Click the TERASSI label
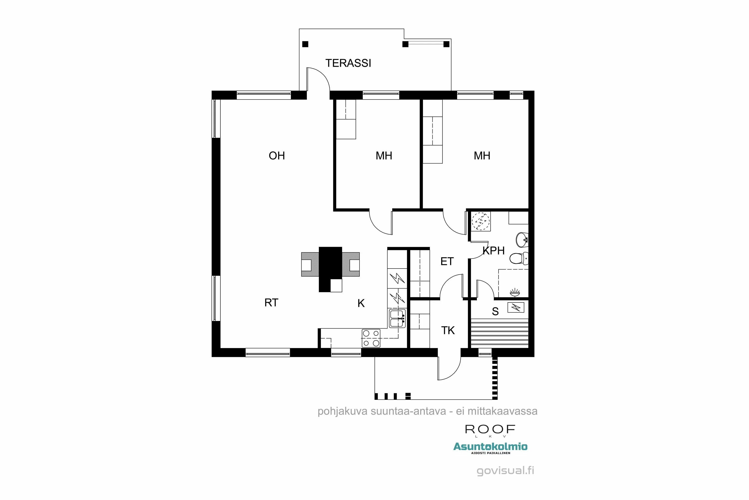point(348,63)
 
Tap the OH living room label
point(276,155)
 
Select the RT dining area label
point(271,302)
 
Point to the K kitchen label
point(361,303)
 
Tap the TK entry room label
point(448,330)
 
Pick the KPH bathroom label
point(494,251)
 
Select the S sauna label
point(495,311)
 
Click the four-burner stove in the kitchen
point(371,338)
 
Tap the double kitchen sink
point(397,318)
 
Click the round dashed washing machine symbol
point(481,221)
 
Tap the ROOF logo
point(490,429)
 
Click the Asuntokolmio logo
point(490,447)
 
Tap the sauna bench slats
point(499,333)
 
